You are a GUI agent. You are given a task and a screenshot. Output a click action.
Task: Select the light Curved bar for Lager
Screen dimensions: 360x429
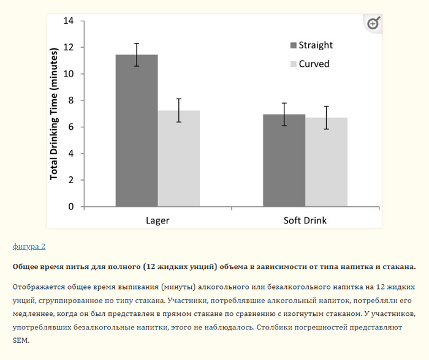[x=179, y=159]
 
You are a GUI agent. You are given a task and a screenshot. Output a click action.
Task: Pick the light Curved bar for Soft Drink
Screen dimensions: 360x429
[x=327, y=162]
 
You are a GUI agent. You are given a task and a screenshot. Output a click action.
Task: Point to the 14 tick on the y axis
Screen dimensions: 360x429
[x=69, y=21]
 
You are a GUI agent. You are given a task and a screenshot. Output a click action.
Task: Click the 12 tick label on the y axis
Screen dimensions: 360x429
[x=69, y=48]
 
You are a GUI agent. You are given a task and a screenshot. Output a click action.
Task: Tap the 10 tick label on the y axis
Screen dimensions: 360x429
[x=69, y=74]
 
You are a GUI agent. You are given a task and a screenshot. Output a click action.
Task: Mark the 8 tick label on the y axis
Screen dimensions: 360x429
[x=71, y=100]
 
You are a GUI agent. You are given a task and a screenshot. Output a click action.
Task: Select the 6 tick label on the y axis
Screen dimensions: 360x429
[x=71, y=127]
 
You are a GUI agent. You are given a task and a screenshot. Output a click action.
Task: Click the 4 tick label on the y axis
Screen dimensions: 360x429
[x=71, y=154]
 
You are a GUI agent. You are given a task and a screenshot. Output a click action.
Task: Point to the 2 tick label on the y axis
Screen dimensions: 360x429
[x=71, y=180]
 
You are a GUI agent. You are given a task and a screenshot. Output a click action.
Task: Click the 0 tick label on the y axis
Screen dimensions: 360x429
[x=71, y=207]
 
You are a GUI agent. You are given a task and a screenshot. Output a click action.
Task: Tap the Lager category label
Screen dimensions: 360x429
[x=158, y=220]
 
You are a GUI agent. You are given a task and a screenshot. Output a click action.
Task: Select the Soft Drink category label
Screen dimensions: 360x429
[x=305, y=220]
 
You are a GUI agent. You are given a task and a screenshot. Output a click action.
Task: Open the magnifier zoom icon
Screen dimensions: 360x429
[x=373, y=24]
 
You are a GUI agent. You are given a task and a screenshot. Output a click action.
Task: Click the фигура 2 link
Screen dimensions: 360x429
[x=29, y=246]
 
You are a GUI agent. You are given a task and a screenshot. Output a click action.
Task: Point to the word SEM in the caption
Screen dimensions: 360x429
[x=20, y=340]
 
